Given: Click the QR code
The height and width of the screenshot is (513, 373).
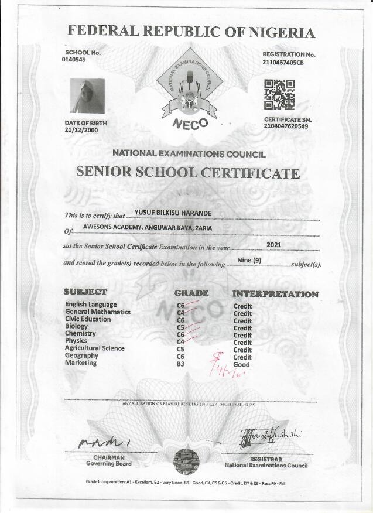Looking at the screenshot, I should click(279, 95).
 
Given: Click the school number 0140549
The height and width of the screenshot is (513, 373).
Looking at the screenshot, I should click(74, 60).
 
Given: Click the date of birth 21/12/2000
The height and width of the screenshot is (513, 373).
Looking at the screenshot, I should click(81, 130).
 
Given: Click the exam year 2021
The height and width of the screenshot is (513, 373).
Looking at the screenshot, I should click(275, 244).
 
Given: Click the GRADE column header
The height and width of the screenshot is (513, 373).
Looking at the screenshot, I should click(191, 293).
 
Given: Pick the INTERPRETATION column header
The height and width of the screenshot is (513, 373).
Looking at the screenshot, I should click(275, 294).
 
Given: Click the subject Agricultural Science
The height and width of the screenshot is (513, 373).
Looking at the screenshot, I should click(95, 348).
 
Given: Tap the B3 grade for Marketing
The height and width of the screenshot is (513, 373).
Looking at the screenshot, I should click(180, 363).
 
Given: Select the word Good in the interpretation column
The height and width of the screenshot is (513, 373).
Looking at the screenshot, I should click(241, 364).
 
